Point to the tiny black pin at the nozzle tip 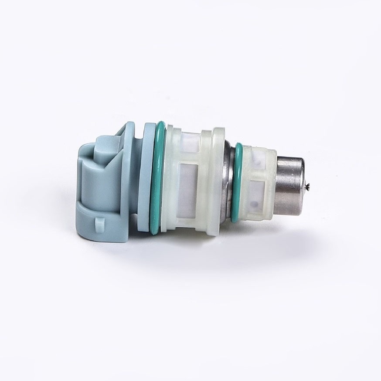coord(308,188)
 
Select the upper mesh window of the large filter coord(188,139)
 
